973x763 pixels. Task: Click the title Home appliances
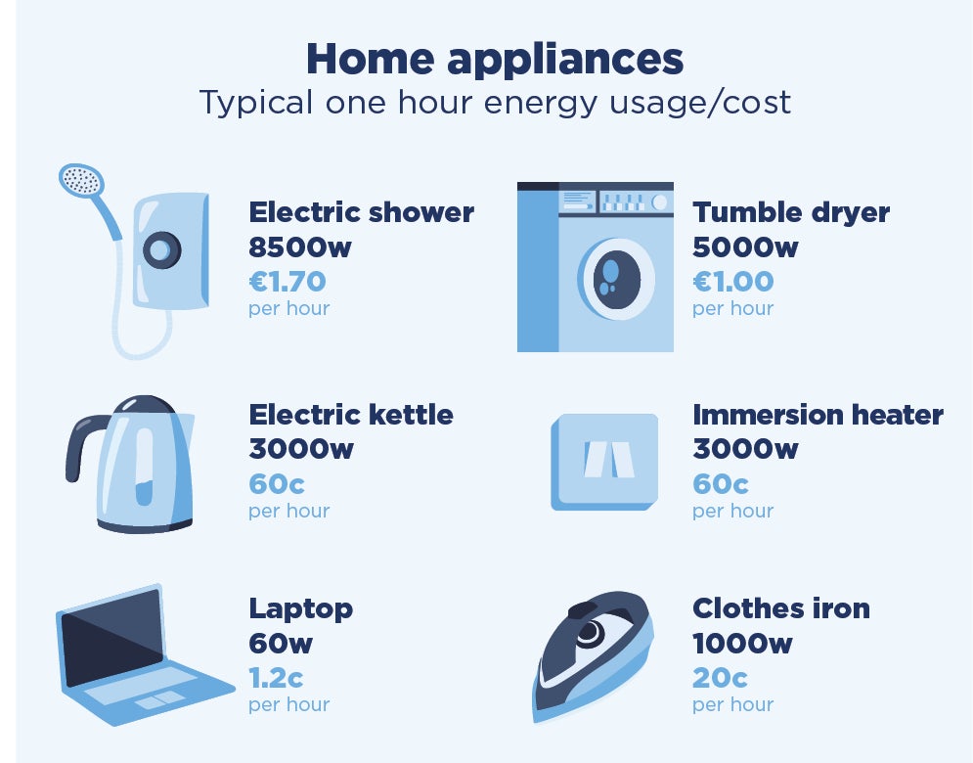click(495, 59)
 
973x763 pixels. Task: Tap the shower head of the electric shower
click(81, 180)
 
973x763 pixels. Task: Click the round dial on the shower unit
click(162, 250)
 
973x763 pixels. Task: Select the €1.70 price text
click(287, 282)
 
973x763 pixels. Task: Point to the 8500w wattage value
click(299, 247)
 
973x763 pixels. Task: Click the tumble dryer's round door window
click(617, 280)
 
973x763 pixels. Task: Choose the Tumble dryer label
click(790, 212)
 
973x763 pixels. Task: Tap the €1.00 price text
click(732, 282)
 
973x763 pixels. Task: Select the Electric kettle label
click(351, 415)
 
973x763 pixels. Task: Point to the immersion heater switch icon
click(604, 462)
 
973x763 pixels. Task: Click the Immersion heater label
click(818, 415)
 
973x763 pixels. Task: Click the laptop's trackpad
click(160, 699)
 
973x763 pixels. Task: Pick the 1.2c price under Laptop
click(276, 678)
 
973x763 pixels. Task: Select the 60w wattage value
click(281, 644)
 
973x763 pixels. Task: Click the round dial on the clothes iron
click(590, 633)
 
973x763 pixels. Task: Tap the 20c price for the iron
click(720, 678)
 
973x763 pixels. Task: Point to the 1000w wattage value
click(742, 644)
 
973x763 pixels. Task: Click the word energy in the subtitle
click(541, 104)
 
